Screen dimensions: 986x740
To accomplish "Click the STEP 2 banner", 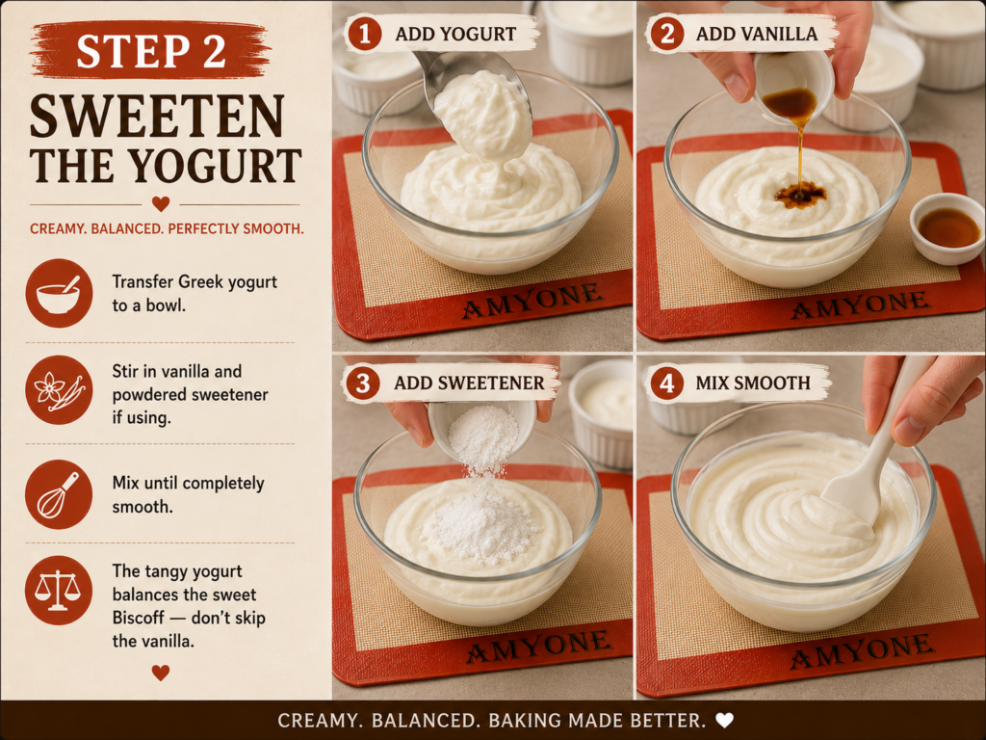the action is (149, 50).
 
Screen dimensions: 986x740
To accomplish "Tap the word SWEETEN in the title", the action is (157, 117).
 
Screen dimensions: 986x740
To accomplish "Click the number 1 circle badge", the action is (364, 34).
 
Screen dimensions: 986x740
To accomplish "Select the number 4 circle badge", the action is (666, 383).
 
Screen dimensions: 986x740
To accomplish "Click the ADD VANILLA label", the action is (757, 34).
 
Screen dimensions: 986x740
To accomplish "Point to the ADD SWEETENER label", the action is (469, 383).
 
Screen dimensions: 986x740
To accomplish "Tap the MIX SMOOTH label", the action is (753, 383).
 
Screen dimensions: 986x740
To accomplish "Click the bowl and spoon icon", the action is (59, 293).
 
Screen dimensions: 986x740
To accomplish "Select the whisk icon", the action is (59, 494).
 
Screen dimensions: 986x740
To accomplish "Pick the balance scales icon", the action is (59, 591).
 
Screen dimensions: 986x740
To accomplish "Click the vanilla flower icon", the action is (59, 389).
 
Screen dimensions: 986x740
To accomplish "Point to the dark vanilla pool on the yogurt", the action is (800, 195).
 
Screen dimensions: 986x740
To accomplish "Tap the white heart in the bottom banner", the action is (725, 720).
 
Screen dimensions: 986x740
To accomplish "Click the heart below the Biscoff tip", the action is (161, 673).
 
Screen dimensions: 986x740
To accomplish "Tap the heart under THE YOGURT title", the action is (161, 204).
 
